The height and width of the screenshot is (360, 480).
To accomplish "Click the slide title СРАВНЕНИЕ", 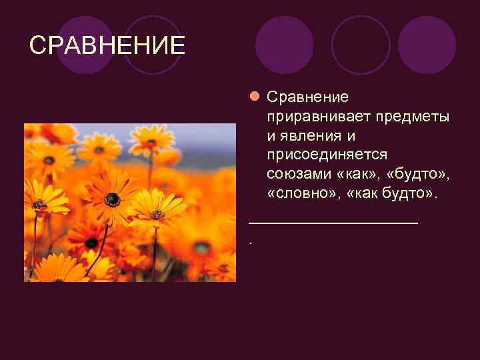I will tap(107, 46).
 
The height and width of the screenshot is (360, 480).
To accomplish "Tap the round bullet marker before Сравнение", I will tap(254, 97).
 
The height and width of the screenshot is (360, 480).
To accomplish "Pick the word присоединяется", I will tap(327, 155).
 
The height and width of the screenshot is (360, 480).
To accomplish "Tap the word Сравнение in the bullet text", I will tap(307, 97).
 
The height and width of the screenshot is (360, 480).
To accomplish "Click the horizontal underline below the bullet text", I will tap(333, 223).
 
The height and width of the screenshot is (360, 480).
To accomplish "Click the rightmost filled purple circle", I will tap(427, 45).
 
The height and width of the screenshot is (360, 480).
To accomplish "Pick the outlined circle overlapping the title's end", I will tap(153, 45).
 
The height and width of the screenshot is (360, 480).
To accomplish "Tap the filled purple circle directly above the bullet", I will tap(284, 45).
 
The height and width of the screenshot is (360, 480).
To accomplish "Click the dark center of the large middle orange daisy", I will tap(112, 198).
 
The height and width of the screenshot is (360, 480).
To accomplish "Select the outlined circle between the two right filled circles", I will tap(361, 45).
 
